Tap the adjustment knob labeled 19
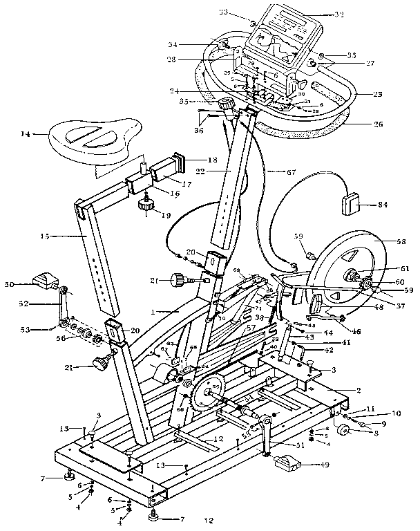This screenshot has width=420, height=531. tap(145, 205)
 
